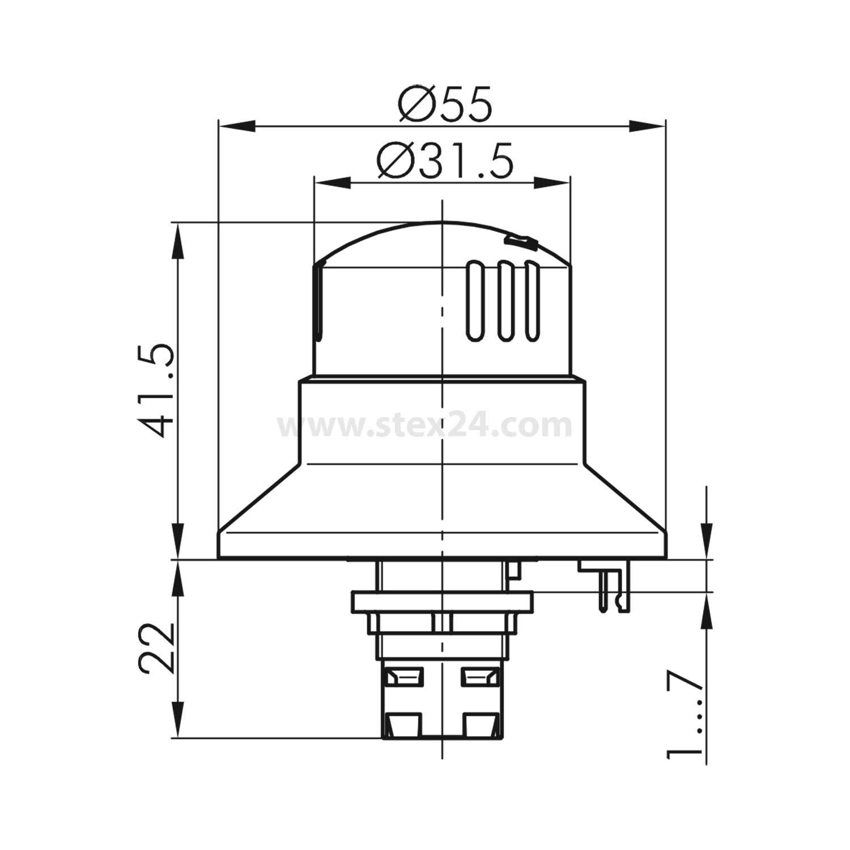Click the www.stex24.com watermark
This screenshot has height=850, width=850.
(425, 426)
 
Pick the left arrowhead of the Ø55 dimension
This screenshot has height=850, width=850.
(235, 126)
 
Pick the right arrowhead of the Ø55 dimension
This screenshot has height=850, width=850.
(648, 126)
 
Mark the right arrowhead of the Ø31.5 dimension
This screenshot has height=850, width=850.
(552, 182)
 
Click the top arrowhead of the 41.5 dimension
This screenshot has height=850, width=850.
(178, 241)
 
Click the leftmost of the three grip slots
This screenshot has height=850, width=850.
(475, 301)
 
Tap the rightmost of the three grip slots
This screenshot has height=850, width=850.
(531, 301)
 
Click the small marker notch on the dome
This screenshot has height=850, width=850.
(520, 242)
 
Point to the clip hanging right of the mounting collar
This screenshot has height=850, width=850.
(612, 589)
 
